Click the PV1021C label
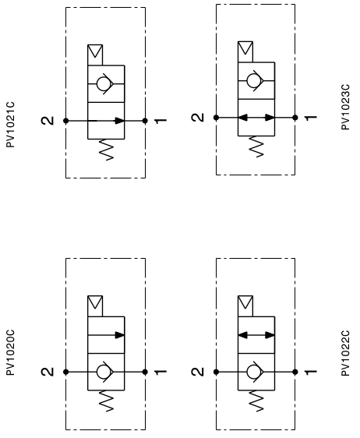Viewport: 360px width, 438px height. pyautogui.click(x=10, y=125)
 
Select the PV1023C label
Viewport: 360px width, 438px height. pyautogui.click(x=345, y=107)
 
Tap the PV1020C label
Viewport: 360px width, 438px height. pyautogui.click(x=10, y=353)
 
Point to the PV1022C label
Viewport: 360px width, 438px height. pyautogui.click(x=345, y=353)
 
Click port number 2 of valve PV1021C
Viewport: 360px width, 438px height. pyautogui.click(x=48, y=121)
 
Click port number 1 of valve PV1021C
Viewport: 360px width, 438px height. pyautogui.click(x=161, y=121)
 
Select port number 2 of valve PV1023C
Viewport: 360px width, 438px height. pyautogui.click(x=198, y=118)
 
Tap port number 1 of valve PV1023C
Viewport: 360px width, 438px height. pyautogui.click(x=311, y=118)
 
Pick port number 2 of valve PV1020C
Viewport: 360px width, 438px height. pyautogui.click(x=48, y=372)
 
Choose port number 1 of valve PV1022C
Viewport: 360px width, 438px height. pyautogui.click(x=311, y=372)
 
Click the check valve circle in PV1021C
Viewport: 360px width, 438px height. pyautogui.click(x=104, y=83)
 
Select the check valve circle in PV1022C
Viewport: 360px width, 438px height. pyautogui.click(x=254, y=372)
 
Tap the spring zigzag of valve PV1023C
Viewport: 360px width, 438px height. pyautogui.click(x=256, y=147)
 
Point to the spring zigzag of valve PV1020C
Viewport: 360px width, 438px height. pyautogui.click(x=107, y=401)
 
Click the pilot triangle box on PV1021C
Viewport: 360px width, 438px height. pyautogui.click(x=95, y=55)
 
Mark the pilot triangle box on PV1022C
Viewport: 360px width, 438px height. pyautogui.click(x=245, y=306)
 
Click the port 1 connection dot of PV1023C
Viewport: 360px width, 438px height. pyautogui.click(x=295, y=118)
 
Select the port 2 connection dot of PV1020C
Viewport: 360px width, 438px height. pyautogui.click(x=66, y=372)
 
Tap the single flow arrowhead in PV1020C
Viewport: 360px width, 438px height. pyautogui.click(x=120, y=335)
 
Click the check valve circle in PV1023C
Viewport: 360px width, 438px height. pyautogui.click(x=254, y=80)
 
